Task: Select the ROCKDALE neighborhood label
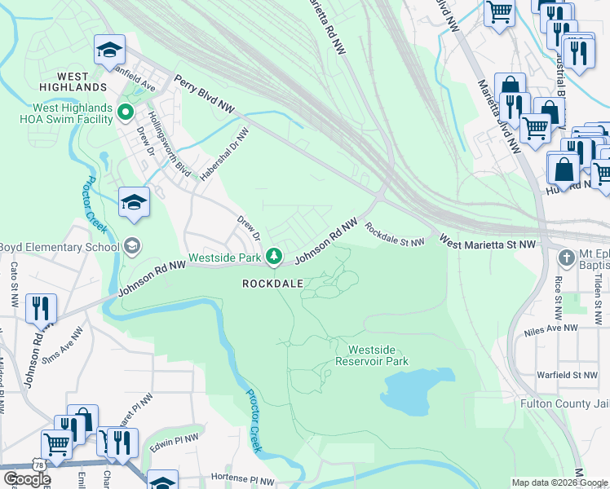[x=272, y=283]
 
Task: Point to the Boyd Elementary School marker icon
[x=131, y=245]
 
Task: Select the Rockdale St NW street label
[x=395, y=235]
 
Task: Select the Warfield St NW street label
[x=568, y=375]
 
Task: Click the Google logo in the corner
[x=26, y=479]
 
